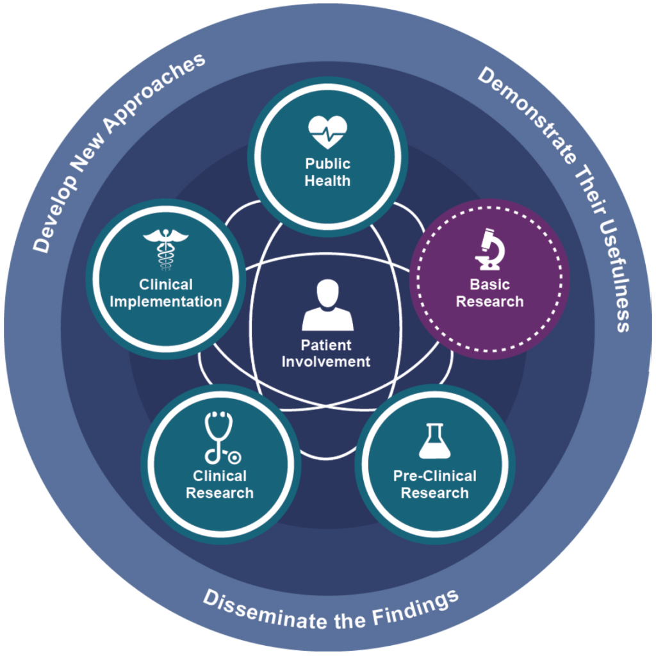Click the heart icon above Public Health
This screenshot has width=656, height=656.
click(x=327, y=132)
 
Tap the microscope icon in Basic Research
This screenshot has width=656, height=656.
click(x=489, y=249)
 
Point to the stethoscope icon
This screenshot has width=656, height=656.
click(x=221, y=438)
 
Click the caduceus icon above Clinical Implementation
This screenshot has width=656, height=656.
click(x=166, y=250)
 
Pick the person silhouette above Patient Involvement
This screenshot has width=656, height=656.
click(x=327, y=305)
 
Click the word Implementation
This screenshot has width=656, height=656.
click(x=166, y=302)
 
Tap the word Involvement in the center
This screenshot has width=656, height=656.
click(x=326, y=361)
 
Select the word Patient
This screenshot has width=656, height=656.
click(x=326, y=345)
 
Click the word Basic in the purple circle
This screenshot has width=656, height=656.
click(x=489, y=284)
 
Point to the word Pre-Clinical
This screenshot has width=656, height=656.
click(x=435, y=476)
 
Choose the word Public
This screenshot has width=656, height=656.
click(x=327, y=163)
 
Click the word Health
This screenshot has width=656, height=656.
click(x=327, y=181)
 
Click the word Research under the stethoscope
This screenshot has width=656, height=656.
click(x=220, y=493)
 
